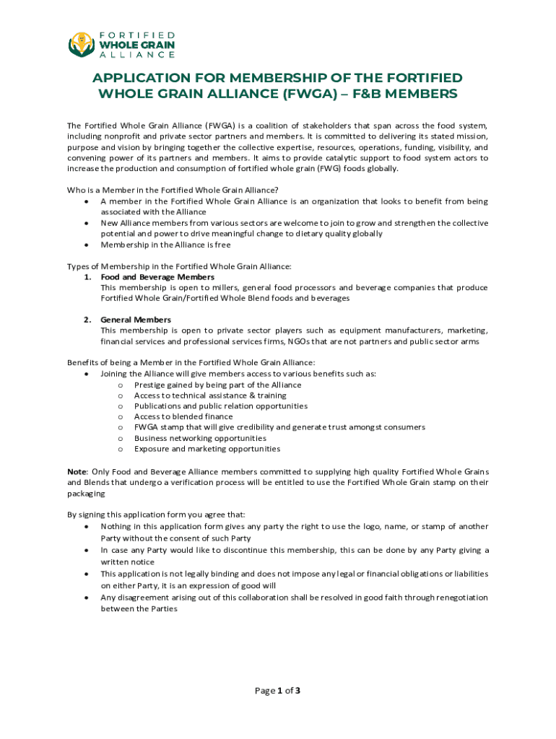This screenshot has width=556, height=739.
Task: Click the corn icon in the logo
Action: click(82, 45)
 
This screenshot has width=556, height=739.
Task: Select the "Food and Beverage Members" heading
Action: click(157, 277)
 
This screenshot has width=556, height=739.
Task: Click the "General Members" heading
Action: click(136, 320)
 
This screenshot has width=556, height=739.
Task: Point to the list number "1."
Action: click(87, 277)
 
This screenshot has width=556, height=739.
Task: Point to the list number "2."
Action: click(87, 320)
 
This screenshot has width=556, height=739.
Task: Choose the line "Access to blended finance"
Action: click(183, 416)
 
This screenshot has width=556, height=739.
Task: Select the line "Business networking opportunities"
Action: click(200, 438)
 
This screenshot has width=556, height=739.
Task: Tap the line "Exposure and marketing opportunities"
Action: click(207, 449)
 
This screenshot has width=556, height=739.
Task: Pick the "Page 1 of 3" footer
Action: click(278, 691)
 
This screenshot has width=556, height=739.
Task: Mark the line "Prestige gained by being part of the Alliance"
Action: click(217, 385)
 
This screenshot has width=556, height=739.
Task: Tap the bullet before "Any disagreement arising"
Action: click(87, 598)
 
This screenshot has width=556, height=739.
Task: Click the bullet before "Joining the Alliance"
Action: click(87, 374)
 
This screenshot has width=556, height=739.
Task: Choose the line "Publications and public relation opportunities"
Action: click(220, 406)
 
